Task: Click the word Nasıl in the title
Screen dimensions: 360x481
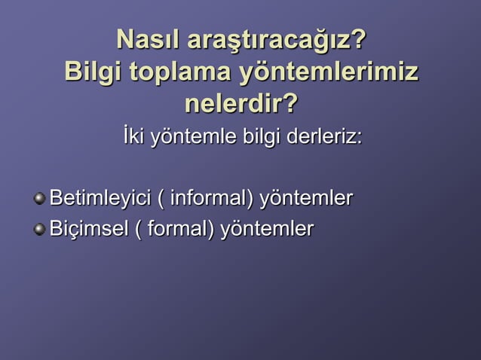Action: tap(148, 39)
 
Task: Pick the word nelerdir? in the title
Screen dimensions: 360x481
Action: tap(240, 105)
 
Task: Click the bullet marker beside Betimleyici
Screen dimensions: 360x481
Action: tap(39, 200)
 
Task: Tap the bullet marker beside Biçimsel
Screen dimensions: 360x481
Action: tap(39, 228)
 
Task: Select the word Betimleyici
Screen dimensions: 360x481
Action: tap(100, 200)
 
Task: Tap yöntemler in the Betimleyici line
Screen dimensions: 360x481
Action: tap(306, 200)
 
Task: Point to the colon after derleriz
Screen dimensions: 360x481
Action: tap(359, 141)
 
